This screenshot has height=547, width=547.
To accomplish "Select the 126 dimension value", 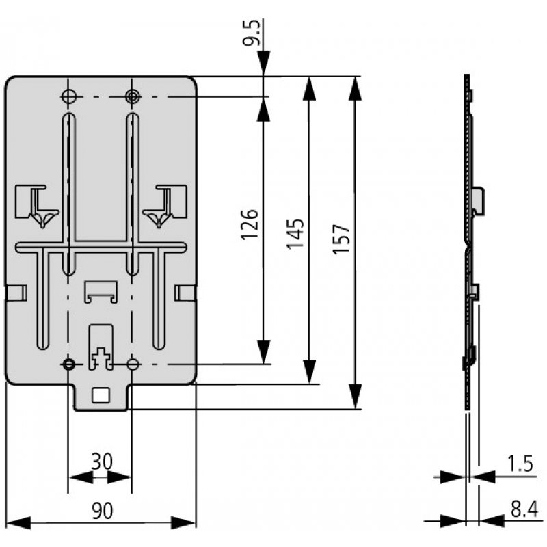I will coord(250,224).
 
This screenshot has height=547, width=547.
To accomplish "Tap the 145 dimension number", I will coord(295,233).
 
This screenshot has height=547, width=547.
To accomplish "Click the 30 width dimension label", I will coord(101,462).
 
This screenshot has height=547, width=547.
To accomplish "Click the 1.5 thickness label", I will coord(520,464).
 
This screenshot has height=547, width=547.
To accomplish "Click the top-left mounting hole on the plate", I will coord(68,96).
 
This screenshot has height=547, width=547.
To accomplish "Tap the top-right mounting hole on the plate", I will coord(131,96).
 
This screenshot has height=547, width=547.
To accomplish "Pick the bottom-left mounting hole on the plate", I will coord(68,364).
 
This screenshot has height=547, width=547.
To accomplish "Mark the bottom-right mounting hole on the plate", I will coord(133,364).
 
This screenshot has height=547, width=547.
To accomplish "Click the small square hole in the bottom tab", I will coord(101,394).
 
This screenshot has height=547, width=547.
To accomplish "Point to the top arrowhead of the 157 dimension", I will coord(354,85).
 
